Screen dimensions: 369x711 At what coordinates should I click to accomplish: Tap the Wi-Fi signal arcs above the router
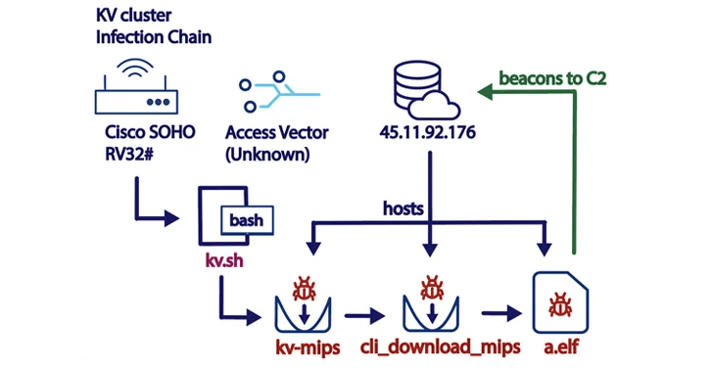click(x=135, y=69)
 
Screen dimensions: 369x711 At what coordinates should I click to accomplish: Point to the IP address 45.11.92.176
click(x=426, y=132)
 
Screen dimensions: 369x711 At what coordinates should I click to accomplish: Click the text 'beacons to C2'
click(x=552, y=78)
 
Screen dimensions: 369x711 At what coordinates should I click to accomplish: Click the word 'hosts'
click(x=403, y=208)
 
